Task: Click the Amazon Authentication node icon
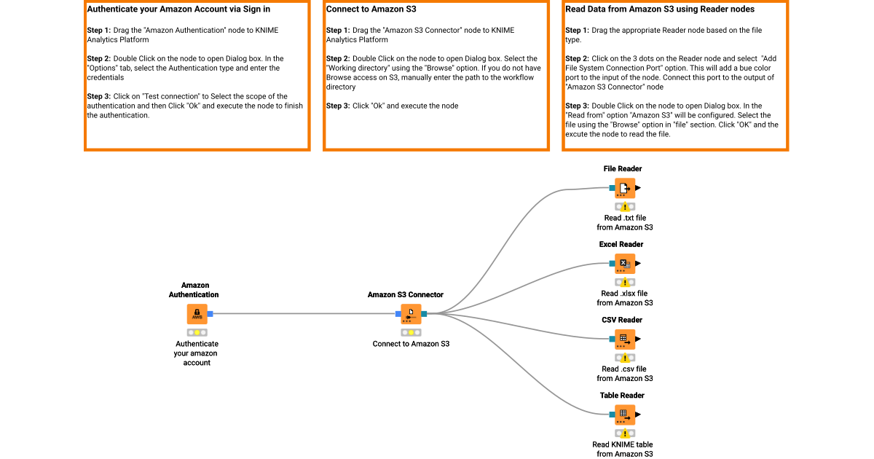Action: click(197, 314)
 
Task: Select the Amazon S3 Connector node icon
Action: click(411, 314)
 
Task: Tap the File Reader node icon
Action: click(624, 188)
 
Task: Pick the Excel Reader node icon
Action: click(624, 264)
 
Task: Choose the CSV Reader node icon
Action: click(624, 340)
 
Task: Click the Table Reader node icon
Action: click(624, 415)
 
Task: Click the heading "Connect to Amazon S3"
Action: click(371, 10)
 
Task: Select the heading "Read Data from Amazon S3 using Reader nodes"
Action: click(660, 10)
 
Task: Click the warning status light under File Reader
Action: click(625, 207)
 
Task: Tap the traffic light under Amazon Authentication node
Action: click(197, 332)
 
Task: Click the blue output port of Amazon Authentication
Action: click(210, 314)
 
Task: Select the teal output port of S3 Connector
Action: click(424, 314)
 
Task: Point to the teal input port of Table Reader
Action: click(612, 415)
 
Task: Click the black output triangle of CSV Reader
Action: click(638, 340)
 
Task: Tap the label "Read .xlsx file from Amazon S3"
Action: click(624, 298)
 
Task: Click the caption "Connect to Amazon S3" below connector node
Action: click(411, 344)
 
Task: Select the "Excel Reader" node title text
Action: click(621, 245)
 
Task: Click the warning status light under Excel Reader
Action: click(625, 283)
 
